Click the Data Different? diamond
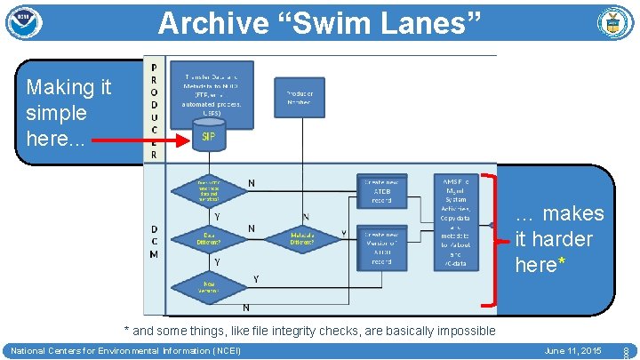click(x=210, y=238)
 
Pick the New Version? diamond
click(x=210, y=286)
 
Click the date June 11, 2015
click(x=572, y=351)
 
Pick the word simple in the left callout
click(x=57, y=113)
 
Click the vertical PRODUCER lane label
click(x=154, y=110)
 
